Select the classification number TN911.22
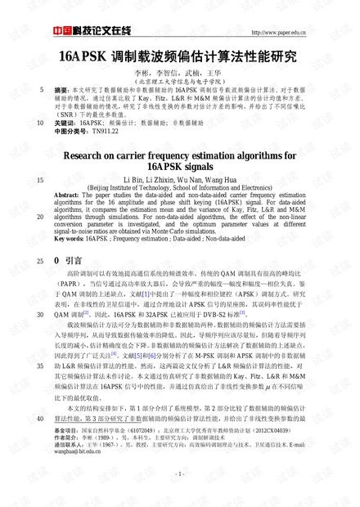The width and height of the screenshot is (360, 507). click(106, 130)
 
